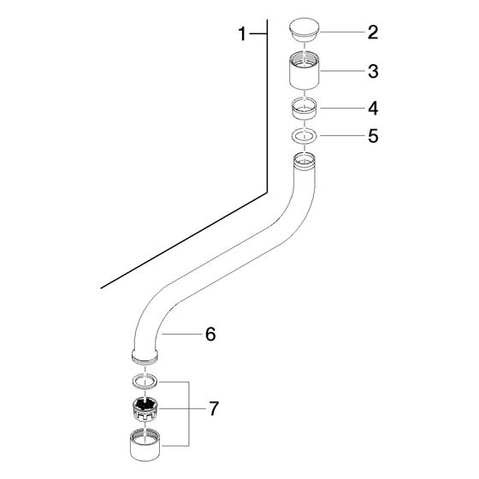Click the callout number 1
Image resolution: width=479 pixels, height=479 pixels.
click(242, 33)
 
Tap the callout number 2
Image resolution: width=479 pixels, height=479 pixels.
click(373, 33)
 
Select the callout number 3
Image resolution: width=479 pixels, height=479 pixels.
click(373, 71)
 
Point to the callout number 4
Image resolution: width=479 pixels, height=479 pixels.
click(373, 108)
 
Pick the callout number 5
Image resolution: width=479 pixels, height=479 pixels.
click(373, 136)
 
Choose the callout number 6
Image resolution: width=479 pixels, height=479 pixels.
click(210, 334)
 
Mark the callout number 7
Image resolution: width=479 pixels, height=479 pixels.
click(214, 409)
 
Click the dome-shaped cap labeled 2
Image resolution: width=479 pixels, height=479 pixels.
click(304, 30)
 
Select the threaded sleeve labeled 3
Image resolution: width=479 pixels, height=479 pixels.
click(305, 70)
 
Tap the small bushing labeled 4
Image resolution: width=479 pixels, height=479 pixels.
click(305, 108)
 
